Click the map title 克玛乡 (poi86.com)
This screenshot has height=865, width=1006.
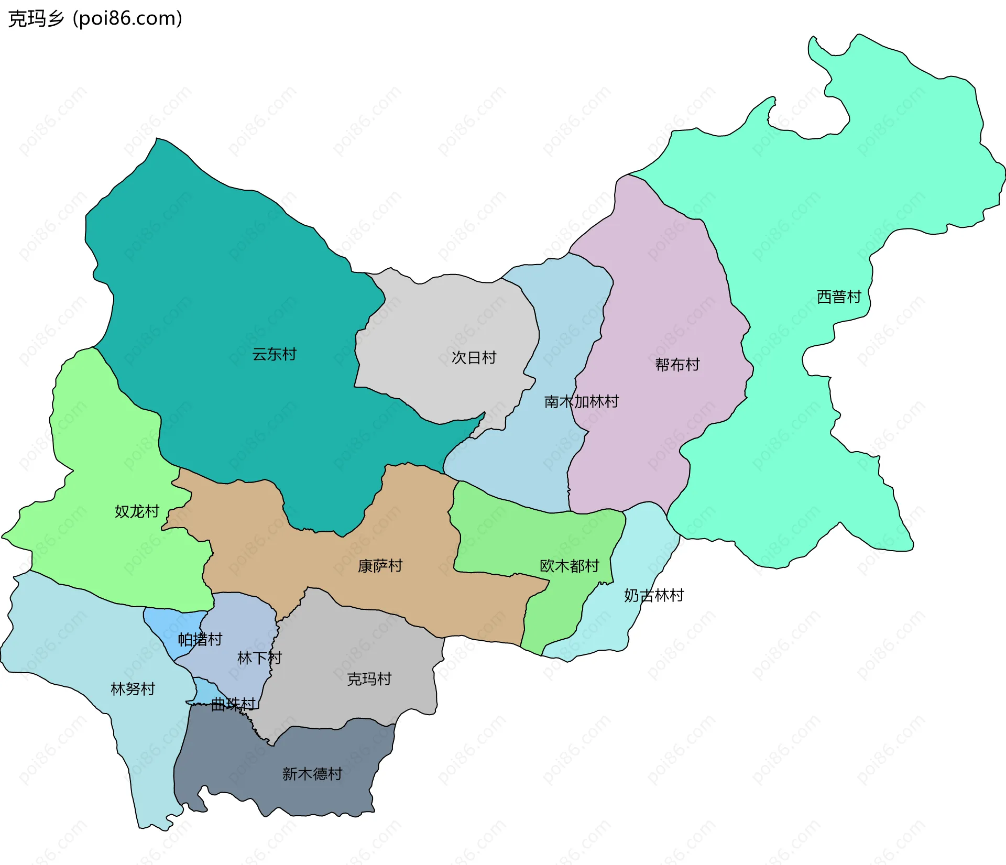pyautogui.click(x=95, y=19)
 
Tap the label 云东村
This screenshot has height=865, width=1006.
pyautogui.click(x=274, y=355)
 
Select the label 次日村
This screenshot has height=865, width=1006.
pyautogui.click(x=474, y=358)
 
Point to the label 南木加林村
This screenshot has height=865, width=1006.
pyautogui.click(x=581, y=402)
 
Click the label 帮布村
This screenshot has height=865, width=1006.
pyautogui.click(x=677, y=365)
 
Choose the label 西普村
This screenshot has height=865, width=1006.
pyautogui.click(x=838, y=297)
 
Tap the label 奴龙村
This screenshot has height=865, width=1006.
pyautogui.click(x=137, y=511)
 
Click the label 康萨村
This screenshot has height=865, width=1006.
pyautogui.click(x=380, y=566)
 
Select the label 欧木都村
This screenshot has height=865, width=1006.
pyautogui.click(x=569, y=566)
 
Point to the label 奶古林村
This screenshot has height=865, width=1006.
pyautogui.click(x=653, y=596)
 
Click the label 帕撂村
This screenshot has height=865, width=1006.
pyautogui.click(x=200, y=639)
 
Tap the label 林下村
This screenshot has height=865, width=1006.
pyautogui.click(x=259, y=658)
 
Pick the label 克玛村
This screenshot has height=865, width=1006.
pyautogui.click(x=369, y=680)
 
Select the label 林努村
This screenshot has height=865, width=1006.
pyautogui.click(x=133, y=689)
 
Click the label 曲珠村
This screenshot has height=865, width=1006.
pyautogui.click(x=233, y=704)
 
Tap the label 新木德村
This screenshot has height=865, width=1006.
pyautogui.click(x=312, y=774)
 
